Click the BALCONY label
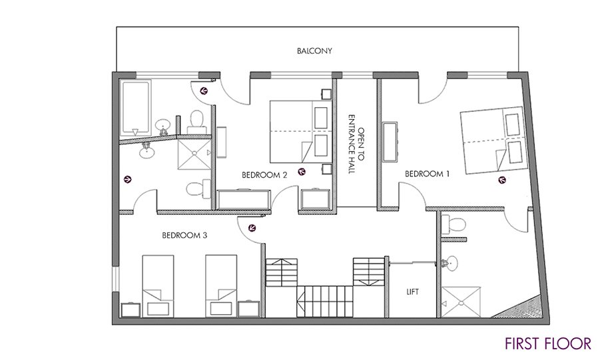[314, 51]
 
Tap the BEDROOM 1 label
[427, 174]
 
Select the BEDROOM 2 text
[264, 175]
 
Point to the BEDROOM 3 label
[184, 235]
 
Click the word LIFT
[412, 292]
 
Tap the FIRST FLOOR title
[548, 343]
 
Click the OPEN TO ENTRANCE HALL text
[356, 144]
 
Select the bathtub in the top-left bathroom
[135, 107]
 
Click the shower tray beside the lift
[461, 301]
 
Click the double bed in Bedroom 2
[301, 132]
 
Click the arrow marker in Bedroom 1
[502, 179]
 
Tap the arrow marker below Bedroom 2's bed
[302, 172]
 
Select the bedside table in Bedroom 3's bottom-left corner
[130, 309]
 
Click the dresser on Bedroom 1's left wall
[390, 142]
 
